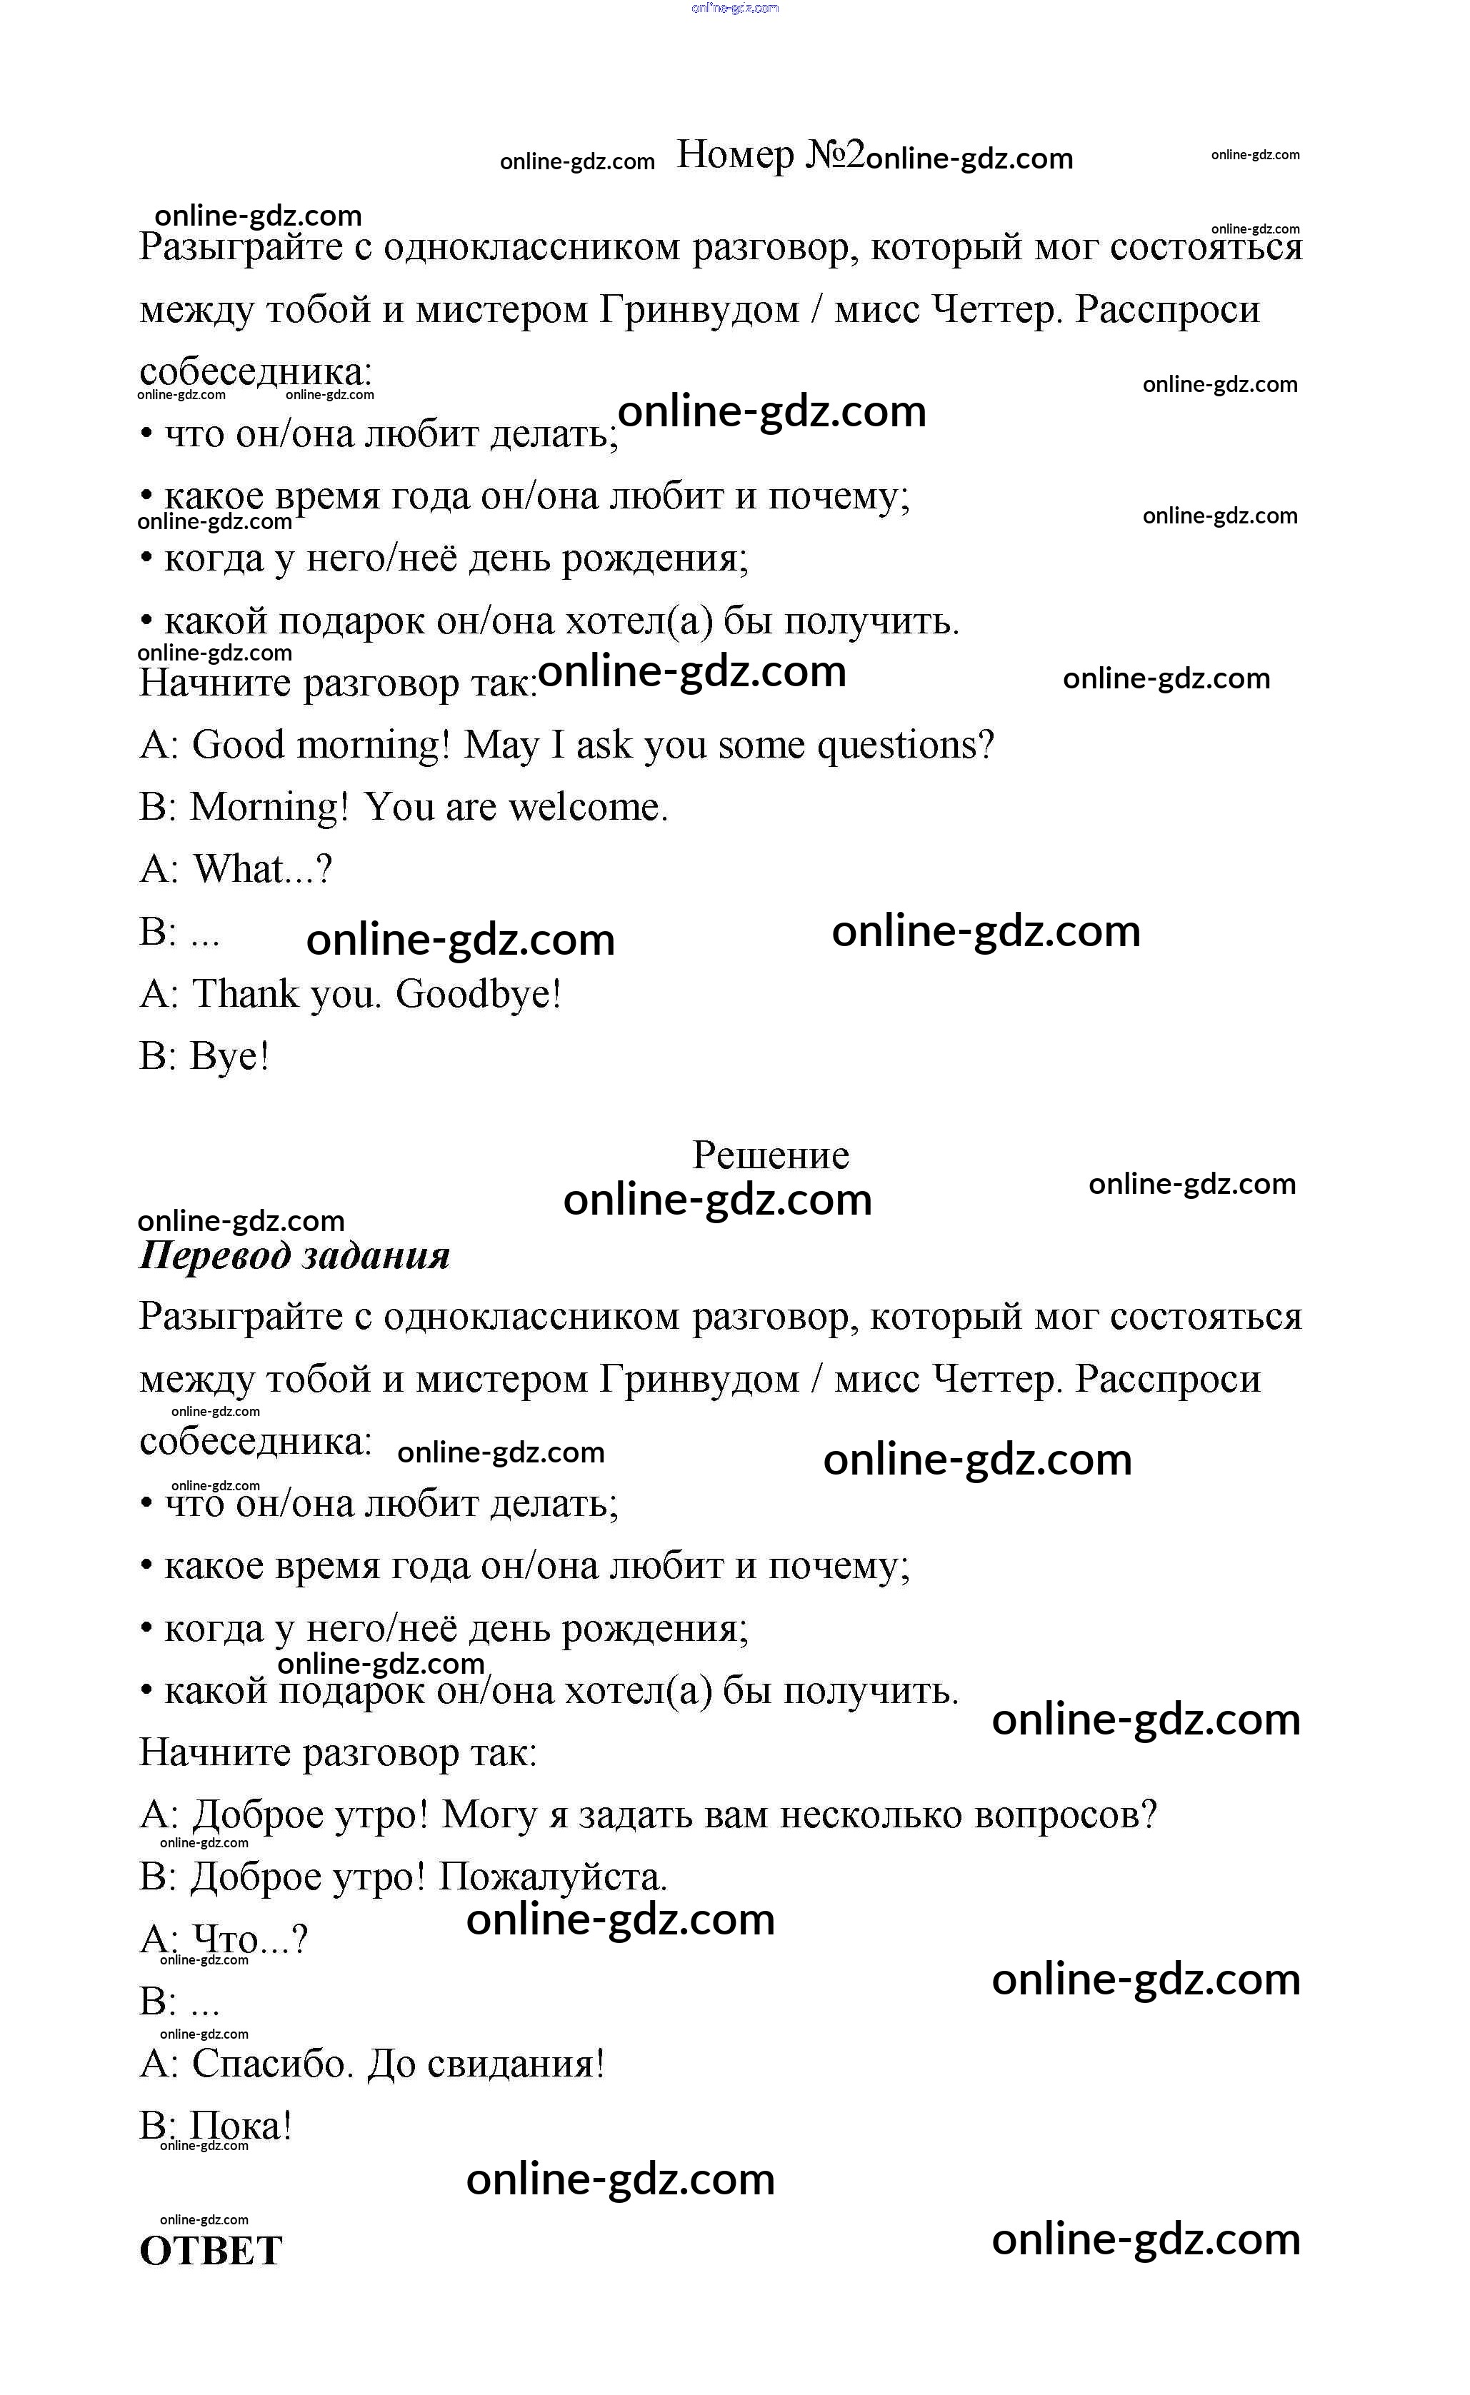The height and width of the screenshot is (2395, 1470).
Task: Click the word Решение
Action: [x=770, y=1155]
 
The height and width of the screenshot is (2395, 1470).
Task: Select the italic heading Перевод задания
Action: [x=294, y=1255]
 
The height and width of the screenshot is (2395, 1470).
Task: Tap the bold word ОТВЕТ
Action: [x=211, y=2250]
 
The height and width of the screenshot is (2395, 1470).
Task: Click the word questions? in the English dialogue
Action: [x=905, y=745]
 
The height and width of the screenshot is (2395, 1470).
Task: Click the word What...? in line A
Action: [x=263, y=869]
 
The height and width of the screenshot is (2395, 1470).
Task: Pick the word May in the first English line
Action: [x=501, y=745]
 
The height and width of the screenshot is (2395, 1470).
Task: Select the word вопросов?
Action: [x=1066, y=1814]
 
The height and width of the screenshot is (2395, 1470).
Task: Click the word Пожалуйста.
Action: [x=552, y=1877]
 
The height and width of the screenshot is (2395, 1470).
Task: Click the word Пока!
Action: [x=240, y=2126]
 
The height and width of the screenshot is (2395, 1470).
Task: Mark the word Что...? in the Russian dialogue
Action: [x=250, y=1940]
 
